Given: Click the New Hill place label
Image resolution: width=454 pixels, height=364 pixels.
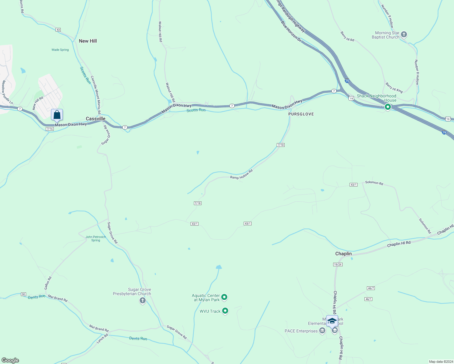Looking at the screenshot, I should [88, 41].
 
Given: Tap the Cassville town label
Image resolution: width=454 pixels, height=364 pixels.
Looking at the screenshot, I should [96, 119].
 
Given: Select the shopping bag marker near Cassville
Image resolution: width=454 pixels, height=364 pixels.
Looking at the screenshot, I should [57, 115].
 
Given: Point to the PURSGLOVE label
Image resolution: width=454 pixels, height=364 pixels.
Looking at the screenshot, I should [301, 114].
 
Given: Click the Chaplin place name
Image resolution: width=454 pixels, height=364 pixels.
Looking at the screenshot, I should [343, 254].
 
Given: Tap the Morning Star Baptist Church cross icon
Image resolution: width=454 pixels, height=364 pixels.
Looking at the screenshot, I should [404, 34].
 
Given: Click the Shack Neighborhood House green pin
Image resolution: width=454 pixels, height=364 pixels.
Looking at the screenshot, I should [388, 107].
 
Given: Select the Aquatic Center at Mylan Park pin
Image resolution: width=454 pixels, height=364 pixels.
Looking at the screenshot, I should [224, 297].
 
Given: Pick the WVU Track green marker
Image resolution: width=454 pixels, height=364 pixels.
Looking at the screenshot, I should [225, 311].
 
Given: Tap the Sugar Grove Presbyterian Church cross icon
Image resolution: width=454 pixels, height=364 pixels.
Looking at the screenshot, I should [142, 300].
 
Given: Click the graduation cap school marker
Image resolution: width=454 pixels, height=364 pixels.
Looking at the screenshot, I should [332, 321].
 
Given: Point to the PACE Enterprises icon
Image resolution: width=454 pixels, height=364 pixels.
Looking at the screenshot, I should [322, 331].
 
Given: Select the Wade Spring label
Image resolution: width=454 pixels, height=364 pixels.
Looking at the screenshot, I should [60, 50].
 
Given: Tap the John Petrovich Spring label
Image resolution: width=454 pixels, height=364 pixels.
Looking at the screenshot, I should [96, 239].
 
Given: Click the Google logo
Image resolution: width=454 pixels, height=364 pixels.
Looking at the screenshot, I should [10, 360].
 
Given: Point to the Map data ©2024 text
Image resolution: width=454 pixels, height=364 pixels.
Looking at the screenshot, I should [440, 362].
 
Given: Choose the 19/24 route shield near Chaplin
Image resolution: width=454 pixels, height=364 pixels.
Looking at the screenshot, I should [338, 265].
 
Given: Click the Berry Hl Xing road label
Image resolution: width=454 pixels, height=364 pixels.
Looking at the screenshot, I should [394, 88].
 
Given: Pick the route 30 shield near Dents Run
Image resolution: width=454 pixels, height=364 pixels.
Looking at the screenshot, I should [23, 294].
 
